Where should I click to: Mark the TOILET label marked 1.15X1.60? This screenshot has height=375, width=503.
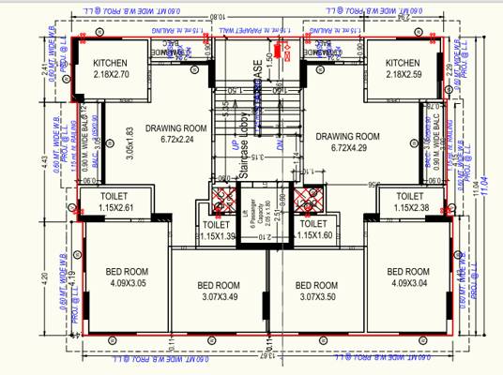coord(312,231)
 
